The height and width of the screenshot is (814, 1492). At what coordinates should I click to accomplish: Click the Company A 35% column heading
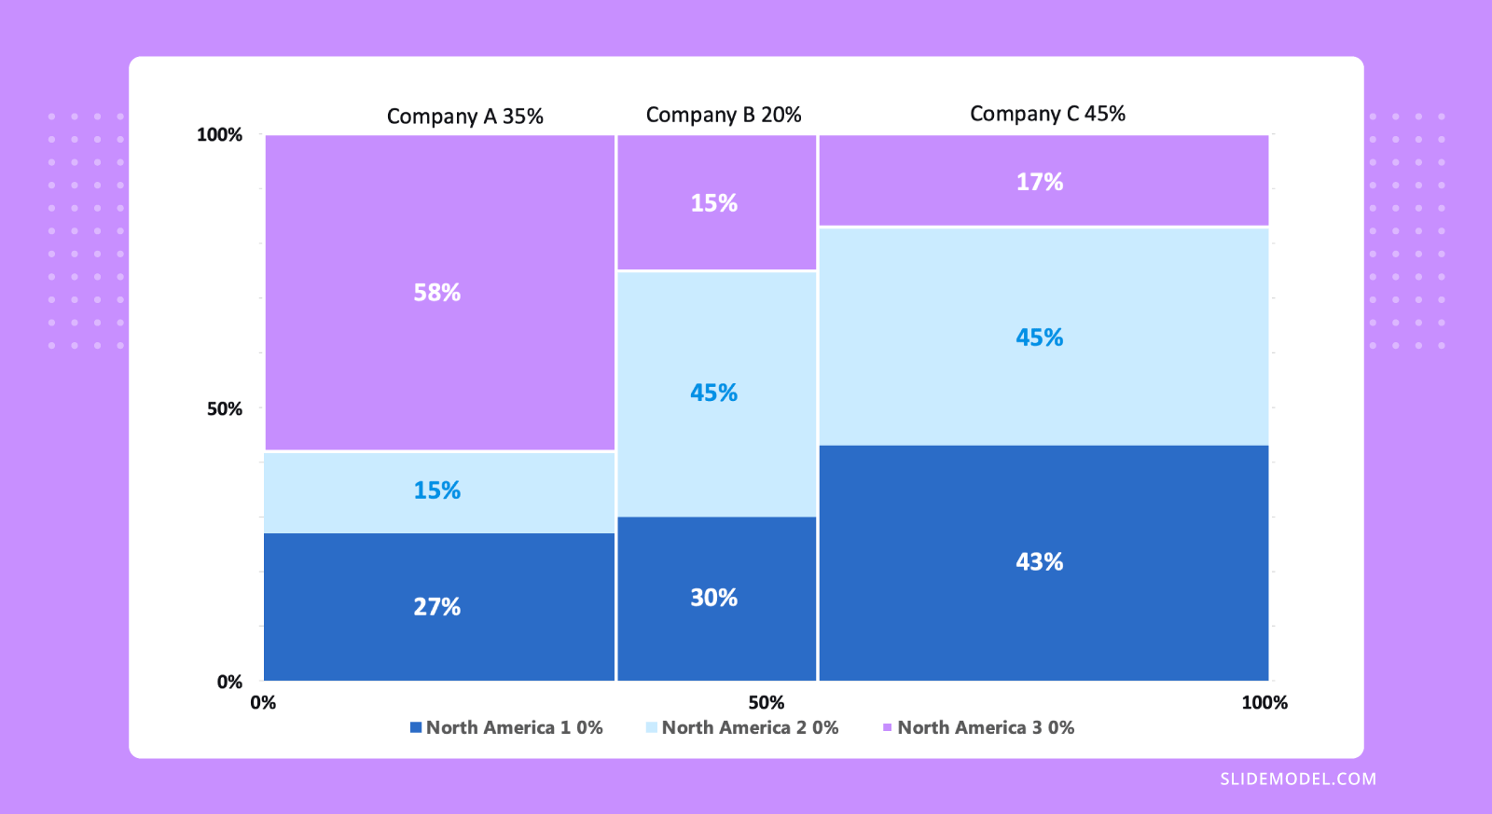pyautogui.click(x=464, y=117)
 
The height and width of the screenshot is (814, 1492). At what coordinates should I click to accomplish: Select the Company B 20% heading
pyautogui.click(x=723, y=115)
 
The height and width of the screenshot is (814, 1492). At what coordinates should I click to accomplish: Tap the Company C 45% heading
pyautogui.click(x=1047, y=114)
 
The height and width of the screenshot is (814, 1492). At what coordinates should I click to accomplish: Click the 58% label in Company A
pyautogui.click(x=436, y=293)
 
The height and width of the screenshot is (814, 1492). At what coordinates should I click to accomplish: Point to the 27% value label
pyautogui.click(x=436, y=607)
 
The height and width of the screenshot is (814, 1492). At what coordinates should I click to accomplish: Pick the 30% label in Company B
pyautogui.click(x=713, y=598)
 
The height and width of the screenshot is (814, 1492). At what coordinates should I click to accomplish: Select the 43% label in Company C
pyautogui.click(x=1039, y=562)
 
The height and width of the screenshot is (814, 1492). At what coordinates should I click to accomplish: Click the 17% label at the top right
pyautogui.click(x=1039, y=182)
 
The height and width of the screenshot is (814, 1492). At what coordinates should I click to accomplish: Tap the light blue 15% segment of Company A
pyautogui.click(x=436, y=490)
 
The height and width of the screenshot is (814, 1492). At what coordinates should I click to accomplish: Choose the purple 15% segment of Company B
pyautogui.click(x=713, y=203)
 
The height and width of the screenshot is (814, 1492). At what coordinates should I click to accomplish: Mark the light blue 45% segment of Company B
pyautogui.click(x=713, y=393)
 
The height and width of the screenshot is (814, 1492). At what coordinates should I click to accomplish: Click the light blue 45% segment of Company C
pyautogui.click(x=1039, y=338)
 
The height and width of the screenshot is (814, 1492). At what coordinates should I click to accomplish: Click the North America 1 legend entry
pyautogui.click(x=506, y=727)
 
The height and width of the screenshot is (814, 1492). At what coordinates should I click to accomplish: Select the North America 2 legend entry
pyautogui.click(x=742, y=727)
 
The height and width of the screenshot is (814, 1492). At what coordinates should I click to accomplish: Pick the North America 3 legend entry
pyautogui.click(x=978, y=727)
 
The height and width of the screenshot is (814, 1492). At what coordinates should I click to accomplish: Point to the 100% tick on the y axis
pyautogui.click(x=219, y=135)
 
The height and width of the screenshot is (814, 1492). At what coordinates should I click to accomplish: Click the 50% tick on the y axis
pyautogui.click(x=224, y=409)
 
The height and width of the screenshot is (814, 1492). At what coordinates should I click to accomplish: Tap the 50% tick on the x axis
pyautogui.click(x=766, y=703)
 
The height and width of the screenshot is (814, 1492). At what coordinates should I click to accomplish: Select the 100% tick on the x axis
pyautogui.click(x=1264, y=703)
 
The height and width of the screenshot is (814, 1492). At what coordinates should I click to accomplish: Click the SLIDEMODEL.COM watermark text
pyautogui.click(x=1297, y=779)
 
